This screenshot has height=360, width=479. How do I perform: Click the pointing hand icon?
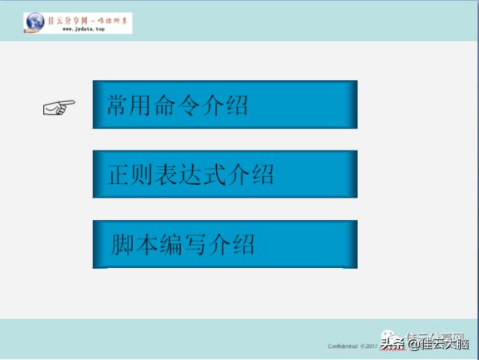[x=59, y=108]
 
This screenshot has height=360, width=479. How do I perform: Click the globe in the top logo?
[x=34, y=22]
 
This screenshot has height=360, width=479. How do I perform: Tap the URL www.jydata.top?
[x=76, y=29]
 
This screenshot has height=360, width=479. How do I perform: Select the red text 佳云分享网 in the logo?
[x=67, y=19]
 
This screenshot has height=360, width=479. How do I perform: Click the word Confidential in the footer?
[x=343, y=346]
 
